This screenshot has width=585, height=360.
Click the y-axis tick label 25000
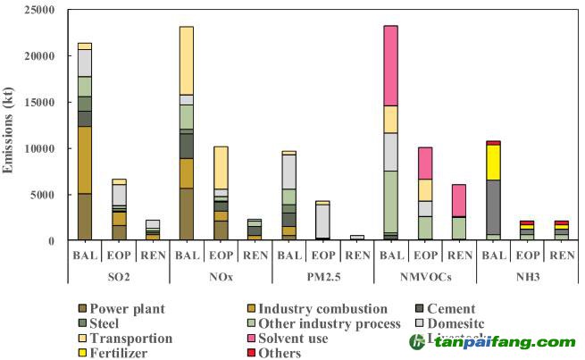point(38,10)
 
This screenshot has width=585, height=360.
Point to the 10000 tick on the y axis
point(38,148)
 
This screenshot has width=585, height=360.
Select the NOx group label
point(221,277)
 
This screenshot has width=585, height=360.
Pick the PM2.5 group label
point(323,277)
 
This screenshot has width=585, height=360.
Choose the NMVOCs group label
point(425,277)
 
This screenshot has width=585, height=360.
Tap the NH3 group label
point(527,277)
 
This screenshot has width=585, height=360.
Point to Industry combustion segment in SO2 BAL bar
point(85,159)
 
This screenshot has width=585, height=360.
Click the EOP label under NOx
point(221,255)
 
